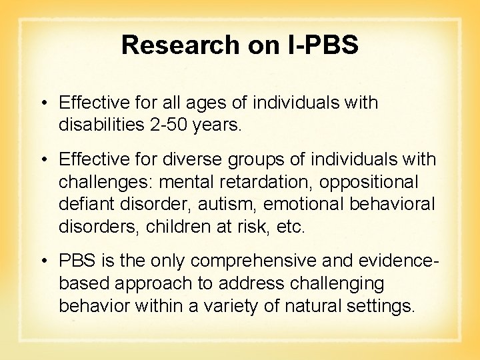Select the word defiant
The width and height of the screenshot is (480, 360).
tap(83, 203)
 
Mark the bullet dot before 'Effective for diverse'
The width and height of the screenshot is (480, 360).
tap(42, 160)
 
